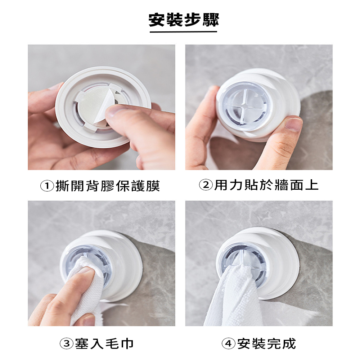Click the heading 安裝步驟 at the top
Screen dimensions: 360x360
(184, 20)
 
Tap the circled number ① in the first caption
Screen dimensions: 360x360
(47, 186)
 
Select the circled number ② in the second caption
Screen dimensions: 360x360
(206, 185)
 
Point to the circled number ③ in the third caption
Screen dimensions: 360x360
(66, 343)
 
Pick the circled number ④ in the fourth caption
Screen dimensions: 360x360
(229, 343)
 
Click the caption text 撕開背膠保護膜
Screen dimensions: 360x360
(108, 186)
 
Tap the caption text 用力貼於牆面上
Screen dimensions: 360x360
(266, 185)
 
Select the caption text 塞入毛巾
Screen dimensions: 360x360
(104, 343)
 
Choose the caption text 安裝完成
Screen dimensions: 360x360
(266, 343)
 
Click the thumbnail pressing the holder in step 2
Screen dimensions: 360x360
(293, 124)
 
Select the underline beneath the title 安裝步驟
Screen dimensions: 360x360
(183, 32)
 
